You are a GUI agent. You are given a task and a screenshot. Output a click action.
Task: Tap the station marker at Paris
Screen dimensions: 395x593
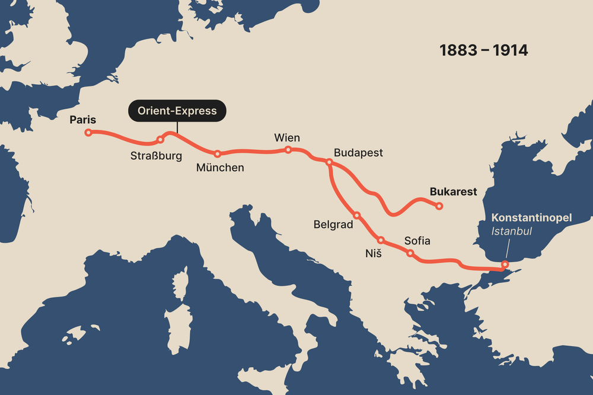tap(88, 133)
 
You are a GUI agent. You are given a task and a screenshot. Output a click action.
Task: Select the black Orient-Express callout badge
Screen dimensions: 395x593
tap(177, 111)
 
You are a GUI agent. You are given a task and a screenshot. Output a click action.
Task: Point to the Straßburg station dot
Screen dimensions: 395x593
tap(160, 140)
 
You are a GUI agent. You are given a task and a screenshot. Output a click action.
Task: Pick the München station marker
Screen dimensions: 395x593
tap(218, 153)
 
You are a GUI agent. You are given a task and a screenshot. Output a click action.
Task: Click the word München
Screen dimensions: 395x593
tap(220, 168)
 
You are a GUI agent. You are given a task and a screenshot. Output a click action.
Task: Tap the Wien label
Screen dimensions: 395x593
tap(287, 137)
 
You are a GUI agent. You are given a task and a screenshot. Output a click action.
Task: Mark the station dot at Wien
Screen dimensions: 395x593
tap(288, 150)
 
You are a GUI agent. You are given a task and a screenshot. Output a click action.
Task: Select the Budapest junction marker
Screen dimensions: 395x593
tap(329, 162)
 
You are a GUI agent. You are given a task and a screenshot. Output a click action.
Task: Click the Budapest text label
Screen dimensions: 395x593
tap(358, 153)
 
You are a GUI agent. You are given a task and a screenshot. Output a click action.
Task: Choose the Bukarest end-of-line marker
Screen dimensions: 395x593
tap(439, 206)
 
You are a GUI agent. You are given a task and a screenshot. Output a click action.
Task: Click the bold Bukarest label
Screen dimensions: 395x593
tap(454, 192)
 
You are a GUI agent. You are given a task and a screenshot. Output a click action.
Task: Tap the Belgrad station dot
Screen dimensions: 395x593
tap(357, 215)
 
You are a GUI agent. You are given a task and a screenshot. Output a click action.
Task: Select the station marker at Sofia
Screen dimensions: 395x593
tap(410, 253)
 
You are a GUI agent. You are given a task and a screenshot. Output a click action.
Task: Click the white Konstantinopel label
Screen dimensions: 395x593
tap(531, 218)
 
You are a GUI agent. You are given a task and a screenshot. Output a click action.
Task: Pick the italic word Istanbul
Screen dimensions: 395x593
tap(512, 231)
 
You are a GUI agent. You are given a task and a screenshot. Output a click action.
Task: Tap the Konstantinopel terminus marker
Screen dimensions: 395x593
tap(505, 264)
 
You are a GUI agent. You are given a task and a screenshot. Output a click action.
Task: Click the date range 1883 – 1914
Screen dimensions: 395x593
tap(483, 51)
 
